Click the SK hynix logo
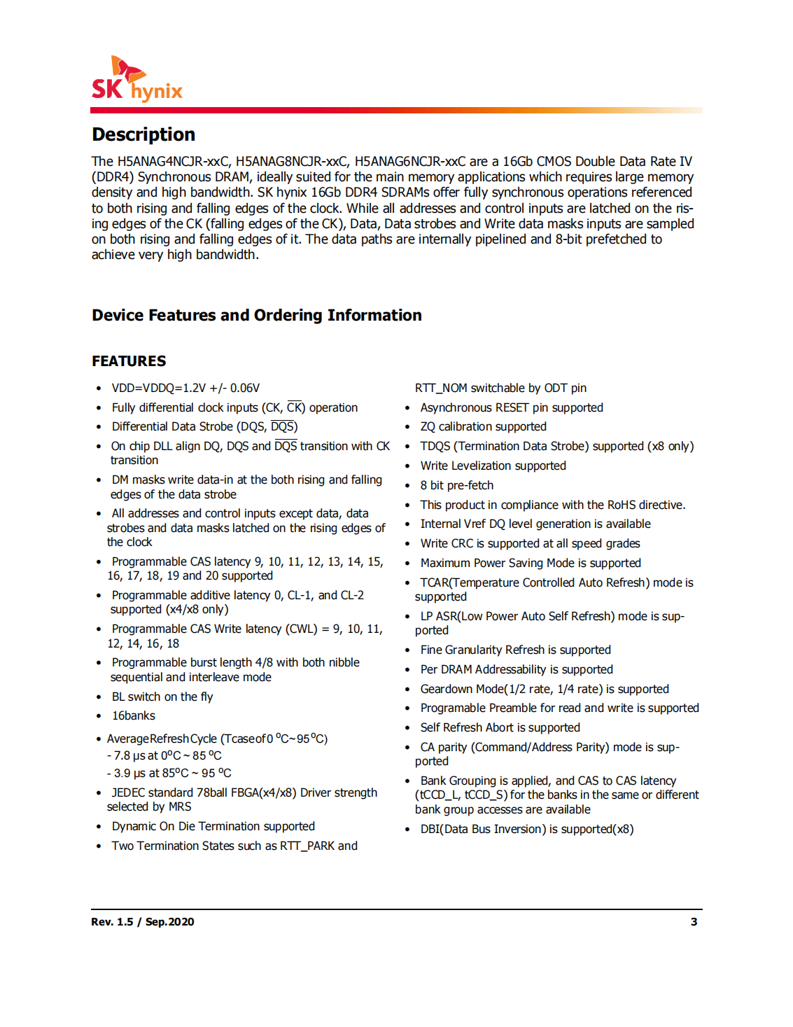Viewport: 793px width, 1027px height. click(x=137, y=79)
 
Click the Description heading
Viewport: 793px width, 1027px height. click(x=143, y=134)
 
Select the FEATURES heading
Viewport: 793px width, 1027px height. click(x=129, y=361)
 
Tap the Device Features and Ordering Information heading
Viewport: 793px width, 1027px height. click(x=256, y=316)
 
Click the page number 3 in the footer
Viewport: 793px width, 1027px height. click(x=694, y=922)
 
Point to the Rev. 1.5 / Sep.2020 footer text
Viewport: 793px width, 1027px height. click(x=143, y=922)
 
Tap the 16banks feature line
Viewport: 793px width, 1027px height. click(x=134, y=715)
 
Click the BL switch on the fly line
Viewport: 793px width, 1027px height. click(x=162, y=697)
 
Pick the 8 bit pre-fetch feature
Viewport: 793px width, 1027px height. click(x=456, y=485)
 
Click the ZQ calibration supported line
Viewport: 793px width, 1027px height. click(x=483, y=426)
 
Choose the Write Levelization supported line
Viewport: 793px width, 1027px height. click(x=493, y=466)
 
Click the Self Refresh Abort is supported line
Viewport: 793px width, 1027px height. click(x=500, y=727)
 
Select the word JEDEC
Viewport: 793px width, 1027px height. click(x=128, y=792)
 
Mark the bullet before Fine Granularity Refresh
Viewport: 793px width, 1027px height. click(x=407, y=650)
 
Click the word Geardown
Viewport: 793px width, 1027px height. click(x=447, y=689)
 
